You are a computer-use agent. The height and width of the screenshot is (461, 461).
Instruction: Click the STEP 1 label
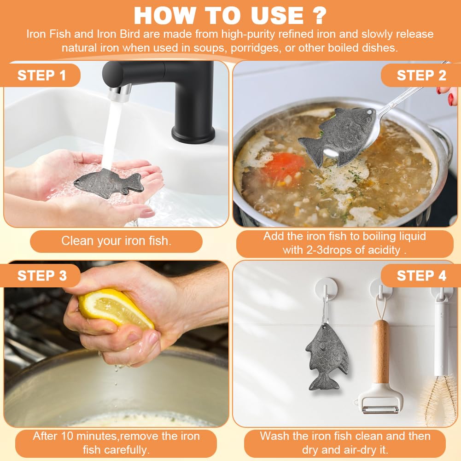41,75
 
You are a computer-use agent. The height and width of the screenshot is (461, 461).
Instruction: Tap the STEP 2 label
421,75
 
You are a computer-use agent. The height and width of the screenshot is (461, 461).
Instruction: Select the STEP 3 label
42,276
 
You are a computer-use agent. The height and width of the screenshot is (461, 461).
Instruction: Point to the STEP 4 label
421,276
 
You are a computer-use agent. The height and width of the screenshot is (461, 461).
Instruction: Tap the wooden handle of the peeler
381,351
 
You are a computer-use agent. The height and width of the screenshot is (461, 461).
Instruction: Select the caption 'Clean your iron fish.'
116,241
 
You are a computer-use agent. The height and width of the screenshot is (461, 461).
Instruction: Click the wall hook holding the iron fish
326,290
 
